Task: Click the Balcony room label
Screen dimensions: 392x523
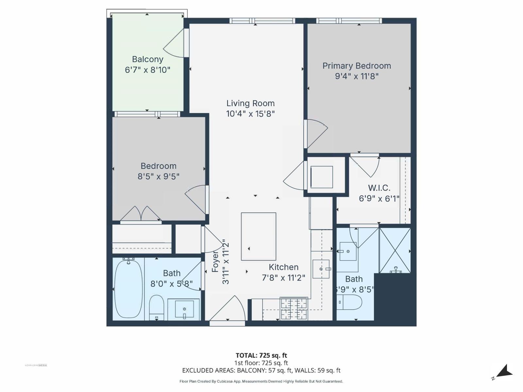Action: tap(147, 59)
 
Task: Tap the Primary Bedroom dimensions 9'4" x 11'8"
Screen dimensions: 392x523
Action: tap(357, 76)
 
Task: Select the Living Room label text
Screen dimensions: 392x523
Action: tap(250, 104)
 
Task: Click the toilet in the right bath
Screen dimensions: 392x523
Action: tap(349, 302)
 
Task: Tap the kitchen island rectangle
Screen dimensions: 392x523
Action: tap(259, 237)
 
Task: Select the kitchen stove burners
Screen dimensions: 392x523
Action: tap(294, 308)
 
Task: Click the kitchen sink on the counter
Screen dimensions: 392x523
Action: tap(321, 269)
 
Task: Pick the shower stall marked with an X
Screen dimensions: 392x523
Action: tap(395, 250)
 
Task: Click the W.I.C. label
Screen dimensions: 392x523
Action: tap(379, 188)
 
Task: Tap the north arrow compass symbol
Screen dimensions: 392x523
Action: tap(504, 372)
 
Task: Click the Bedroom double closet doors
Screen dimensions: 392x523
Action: tap(141, 214)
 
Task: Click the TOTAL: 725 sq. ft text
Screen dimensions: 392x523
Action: tap(261, 355)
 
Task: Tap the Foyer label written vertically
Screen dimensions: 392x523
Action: tap(215, 261)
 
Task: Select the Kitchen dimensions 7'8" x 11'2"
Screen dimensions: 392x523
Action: tap(283, 278)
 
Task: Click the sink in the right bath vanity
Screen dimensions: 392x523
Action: tap(348, 251)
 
